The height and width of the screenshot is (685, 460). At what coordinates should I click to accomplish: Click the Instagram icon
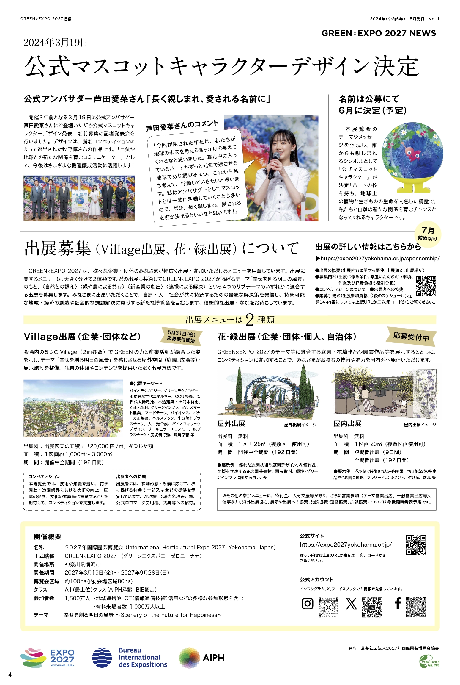[x=307, y=603]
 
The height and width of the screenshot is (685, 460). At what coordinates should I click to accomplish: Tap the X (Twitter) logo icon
[x=351, y=604]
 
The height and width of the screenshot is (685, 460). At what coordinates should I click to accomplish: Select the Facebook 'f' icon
[x=398, y=603]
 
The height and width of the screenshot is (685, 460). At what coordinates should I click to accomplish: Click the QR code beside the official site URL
[x=416, y=545]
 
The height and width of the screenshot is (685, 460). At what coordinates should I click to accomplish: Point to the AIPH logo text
[x=213, y=658]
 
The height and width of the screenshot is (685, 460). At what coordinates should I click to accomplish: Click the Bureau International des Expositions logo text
[x=143, y=657]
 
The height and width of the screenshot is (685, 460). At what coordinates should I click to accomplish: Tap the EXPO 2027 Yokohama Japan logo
[x=48, y=658]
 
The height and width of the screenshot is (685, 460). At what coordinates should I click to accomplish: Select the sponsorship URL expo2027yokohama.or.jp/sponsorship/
[x=379, y=259]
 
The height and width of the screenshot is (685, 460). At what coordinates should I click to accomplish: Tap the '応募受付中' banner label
[x=411, y=337]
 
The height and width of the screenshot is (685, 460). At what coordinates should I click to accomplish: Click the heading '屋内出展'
[x=347, y=424]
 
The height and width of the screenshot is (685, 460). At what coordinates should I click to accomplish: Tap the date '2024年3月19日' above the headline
[x=56, y=43]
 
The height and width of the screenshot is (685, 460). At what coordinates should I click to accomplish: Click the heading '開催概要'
[x=48, y=537]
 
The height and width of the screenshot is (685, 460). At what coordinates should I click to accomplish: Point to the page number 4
[x=10, y=674]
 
